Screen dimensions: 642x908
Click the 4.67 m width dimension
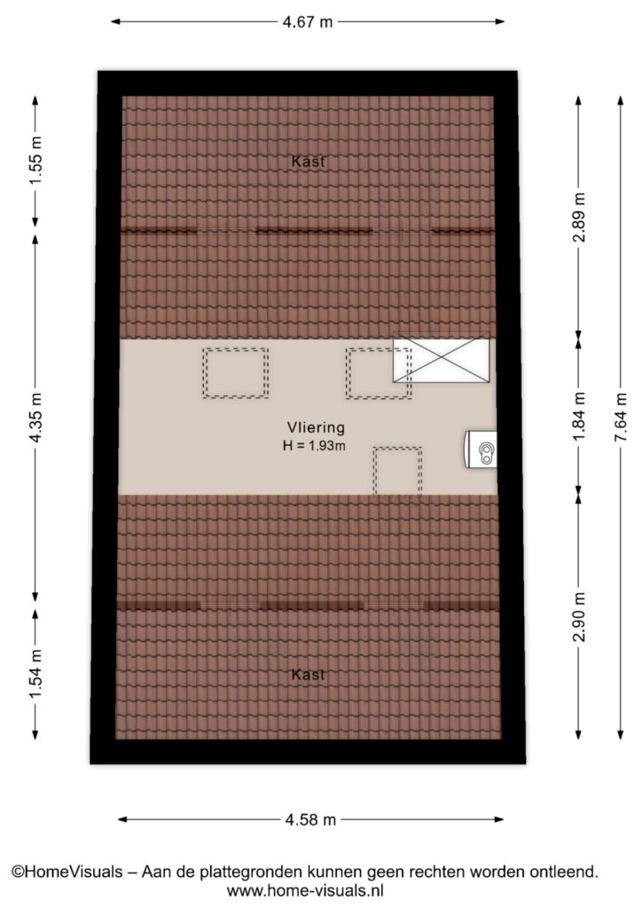pos(308,22)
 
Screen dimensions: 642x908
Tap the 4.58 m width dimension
pos(310,819)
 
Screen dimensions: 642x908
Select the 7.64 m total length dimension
pos(621,417)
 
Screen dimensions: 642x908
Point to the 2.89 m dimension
pos(579,218)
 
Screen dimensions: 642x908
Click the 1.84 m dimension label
pos(579,417)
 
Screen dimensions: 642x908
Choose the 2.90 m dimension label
pos(579,617)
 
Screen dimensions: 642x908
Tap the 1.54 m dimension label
pos(35,674)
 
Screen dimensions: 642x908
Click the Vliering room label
pos(316,428)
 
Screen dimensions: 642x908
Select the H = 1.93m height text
pos(314,446)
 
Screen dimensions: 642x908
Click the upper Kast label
pos(308,161)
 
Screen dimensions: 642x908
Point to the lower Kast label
pos(308,675)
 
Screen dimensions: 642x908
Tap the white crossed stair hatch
pos(441,360)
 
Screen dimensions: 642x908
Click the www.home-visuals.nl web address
pos(305,890)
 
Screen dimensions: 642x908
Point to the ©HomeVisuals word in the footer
pos(67,872)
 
